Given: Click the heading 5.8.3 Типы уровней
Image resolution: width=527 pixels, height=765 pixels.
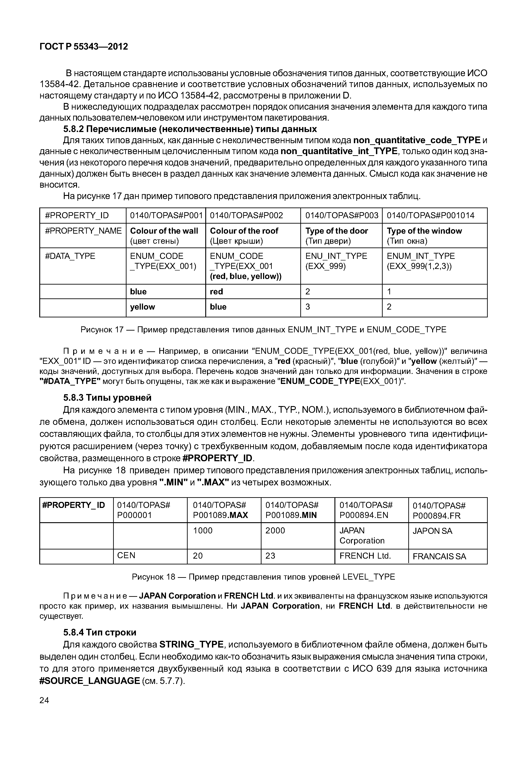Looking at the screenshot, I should [107, 397].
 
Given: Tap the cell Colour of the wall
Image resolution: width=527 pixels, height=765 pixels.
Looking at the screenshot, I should [164, 231].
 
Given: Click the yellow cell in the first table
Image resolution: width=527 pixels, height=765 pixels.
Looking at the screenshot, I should [143, 307].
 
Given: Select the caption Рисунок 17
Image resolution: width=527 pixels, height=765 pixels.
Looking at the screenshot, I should [263, 330].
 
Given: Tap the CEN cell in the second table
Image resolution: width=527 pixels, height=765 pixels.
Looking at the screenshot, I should [127, 555].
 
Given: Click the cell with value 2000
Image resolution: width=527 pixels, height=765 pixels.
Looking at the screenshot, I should [275, 531].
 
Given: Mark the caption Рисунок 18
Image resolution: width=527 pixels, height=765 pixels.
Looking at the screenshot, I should [263, 577].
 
